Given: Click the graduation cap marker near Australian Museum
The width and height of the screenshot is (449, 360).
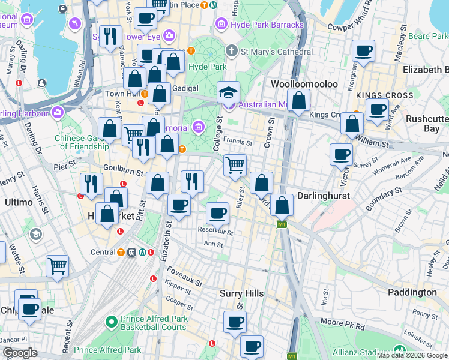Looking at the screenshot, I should click(x=228, y=93).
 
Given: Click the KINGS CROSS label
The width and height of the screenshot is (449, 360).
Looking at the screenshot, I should click(x=385, y=95).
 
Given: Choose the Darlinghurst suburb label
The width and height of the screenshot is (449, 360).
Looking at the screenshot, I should click(x=324, y=196).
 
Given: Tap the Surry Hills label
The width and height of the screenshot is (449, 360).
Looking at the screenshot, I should click(x=242, y=293).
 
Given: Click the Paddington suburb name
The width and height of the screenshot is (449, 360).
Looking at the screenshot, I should click(x=412, y=292).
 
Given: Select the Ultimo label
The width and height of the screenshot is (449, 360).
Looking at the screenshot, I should click(x=19, y=202).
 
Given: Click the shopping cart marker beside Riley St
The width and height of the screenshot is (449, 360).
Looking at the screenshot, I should click(x=235, y=165).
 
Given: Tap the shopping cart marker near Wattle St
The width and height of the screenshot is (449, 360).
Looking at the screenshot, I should click(x=57, y=265).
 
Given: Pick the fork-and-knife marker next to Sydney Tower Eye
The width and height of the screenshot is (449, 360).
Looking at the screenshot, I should click(x=110, y=37).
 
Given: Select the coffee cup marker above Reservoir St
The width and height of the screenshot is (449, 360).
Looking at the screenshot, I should click(x=217, y=212).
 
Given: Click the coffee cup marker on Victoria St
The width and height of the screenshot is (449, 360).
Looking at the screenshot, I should click(x=341, y=154).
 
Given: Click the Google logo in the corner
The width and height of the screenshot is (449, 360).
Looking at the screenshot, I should click(x=20, y=353).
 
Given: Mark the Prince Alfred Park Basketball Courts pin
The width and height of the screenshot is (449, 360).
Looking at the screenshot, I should click(x=111, y=322).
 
